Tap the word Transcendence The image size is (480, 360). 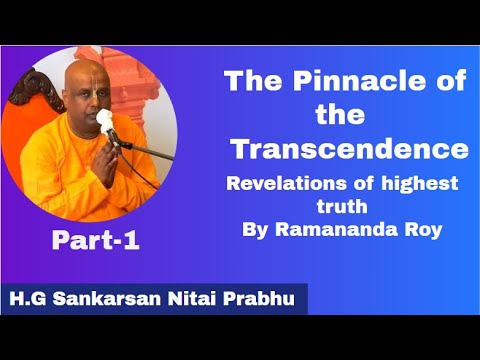(349, 149)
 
